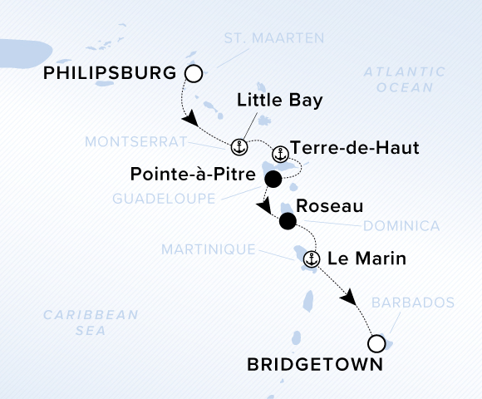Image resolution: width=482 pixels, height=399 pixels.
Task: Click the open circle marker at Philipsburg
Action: click(x=194, y=75)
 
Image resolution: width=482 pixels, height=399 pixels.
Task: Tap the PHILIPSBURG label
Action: click(x=109, y=73)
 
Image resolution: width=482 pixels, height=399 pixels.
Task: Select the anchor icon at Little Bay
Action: click(x=239, y=147)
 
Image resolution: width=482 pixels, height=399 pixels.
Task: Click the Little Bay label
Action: click(x=279, y=101)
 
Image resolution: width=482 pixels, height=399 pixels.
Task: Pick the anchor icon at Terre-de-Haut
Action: click(x=281, y=154)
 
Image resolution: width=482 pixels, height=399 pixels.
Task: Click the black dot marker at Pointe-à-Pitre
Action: click(x=273, y=179)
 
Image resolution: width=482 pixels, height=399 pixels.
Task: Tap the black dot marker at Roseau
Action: click(x=288, y=221)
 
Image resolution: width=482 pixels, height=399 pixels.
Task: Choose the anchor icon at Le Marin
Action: click(x=312, y=259)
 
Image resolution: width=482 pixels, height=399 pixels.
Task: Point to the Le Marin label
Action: click(x=366, y=259)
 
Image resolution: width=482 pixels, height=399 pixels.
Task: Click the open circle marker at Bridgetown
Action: click(x=376, y=342)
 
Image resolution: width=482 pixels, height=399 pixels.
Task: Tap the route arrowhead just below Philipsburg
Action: click(x=190, y=120)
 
